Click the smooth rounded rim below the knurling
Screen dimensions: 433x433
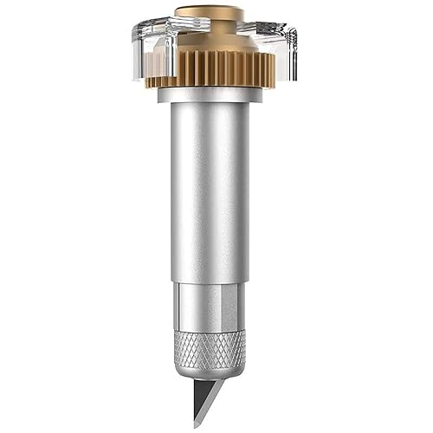pos(210,371)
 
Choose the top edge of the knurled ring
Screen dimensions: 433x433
pos(210,332)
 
